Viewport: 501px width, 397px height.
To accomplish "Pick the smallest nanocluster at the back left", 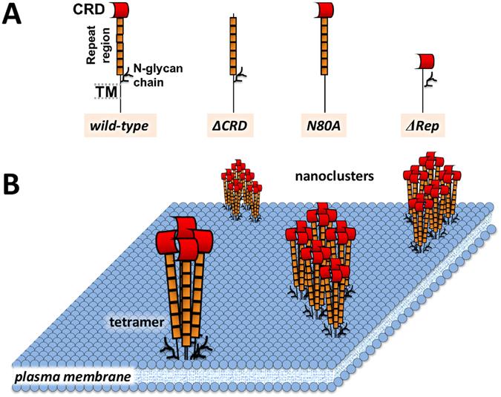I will click(x=239, y=189).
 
